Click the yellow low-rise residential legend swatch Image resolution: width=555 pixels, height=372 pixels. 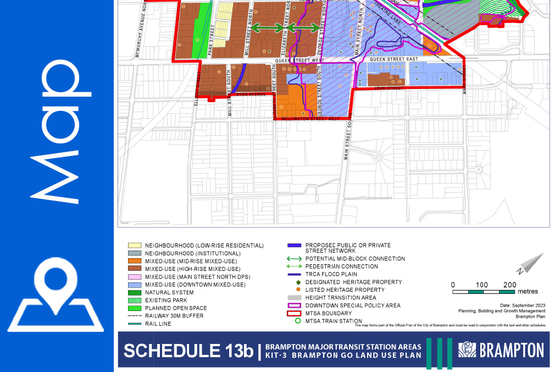(134, 245)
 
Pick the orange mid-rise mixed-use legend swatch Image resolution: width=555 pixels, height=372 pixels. (134, 261)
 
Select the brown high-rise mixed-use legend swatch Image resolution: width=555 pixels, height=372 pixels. (134, 269)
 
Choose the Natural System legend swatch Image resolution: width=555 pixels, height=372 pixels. (134, 292)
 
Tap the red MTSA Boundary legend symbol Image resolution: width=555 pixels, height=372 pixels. (296, 313)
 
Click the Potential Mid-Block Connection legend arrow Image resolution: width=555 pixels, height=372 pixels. (295, 258)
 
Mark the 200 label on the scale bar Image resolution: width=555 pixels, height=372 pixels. (509, 285)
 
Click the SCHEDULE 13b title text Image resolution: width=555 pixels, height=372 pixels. (188, 351)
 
